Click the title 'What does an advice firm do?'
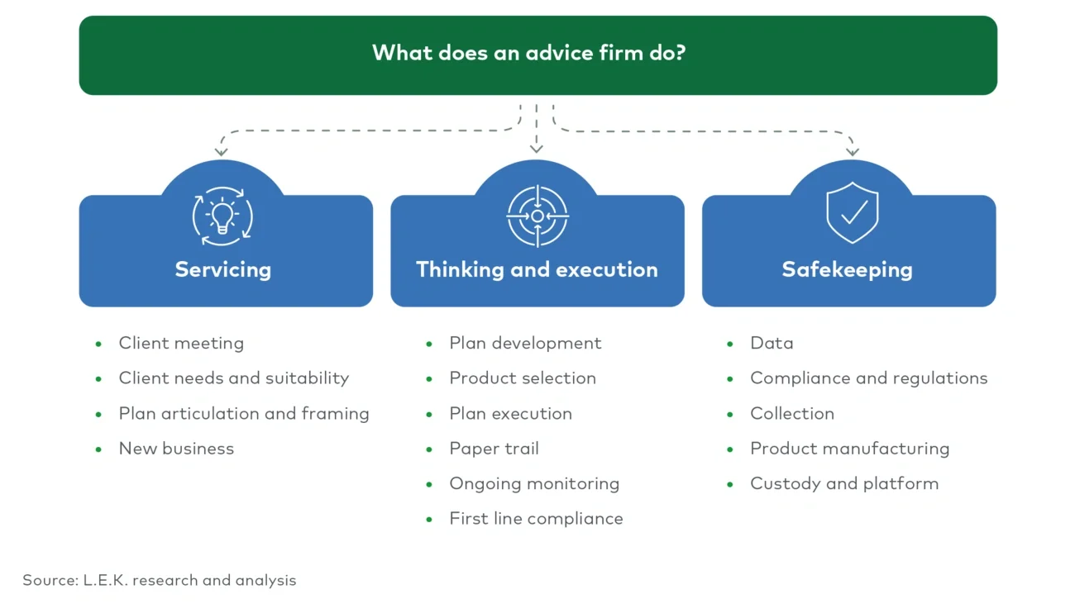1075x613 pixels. coord(529,54)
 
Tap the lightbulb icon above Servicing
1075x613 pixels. coord(222,216)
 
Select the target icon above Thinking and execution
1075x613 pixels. coord(537,216)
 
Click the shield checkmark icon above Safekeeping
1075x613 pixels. coord(852,214)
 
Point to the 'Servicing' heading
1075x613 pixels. coord(222,270)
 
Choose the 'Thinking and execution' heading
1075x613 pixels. coord(537,270)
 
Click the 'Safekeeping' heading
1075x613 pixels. coord(847,270)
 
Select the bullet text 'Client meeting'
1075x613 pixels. coord(181,344)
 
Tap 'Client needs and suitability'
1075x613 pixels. coord(233,378)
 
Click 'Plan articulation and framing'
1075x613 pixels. coord(244,414)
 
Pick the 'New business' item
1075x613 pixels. coord(176,449)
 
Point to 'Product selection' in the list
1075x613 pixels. coord(523,378)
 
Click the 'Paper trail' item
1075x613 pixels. coord(494,449)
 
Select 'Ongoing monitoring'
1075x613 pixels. coord(534,484)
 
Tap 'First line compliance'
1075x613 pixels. coord(536,519)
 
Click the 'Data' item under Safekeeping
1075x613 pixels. coord(772,344)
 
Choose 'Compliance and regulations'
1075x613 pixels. coord(868,378)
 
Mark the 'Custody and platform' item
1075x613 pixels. coord(844,484)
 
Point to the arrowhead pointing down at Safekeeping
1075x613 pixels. coord(853,151)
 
